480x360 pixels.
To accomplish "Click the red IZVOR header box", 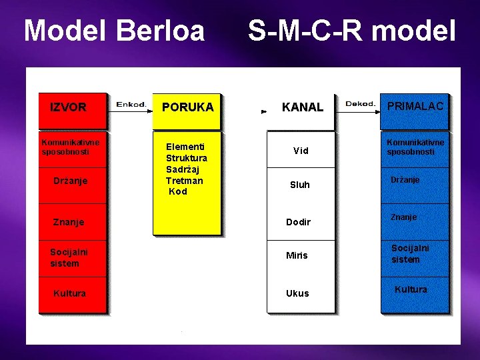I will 73,109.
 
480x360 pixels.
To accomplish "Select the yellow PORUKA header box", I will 187,109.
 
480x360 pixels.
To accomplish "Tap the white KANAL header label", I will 302,107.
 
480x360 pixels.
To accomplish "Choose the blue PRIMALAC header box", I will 414,109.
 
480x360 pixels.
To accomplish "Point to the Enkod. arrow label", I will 131,104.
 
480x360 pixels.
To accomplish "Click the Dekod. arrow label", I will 360,104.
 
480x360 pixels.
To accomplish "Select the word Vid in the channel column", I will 301,151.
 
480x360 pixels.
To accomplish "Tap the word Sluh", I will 300,185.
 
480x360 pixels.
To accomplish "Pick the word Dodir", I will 298,222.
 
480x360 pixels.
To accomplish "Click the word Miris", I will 297,255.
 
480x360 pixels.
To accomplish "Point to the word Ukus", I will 297,293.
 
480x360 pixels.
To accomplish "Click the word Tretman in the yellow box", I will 184,181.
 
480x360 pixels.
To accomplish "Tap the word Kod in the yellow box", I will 178,192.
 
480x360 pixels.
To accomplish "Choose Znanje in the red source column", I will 69,222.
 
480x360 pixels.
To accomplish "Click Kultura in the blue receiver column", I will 411,289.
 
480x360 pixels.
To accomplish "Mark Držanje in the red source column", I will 71,181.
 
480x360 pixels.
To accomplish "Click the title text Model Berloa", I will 114,31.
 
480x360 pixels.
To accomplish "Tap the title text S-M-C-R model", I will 352,31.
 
